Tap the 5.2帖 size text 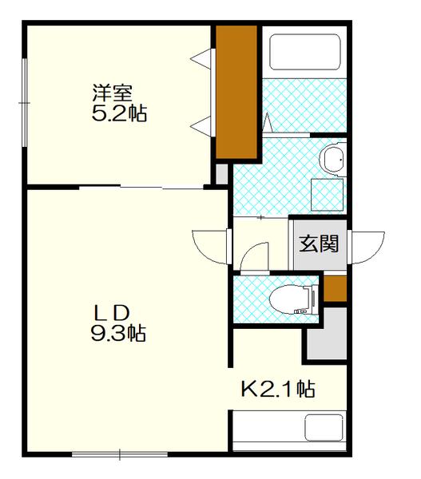[120, 113]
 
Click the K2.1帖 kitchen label [278, 390]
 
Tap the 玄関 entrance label [319, 243]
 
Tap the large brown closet [236, 92]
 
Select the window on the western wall [25, 102]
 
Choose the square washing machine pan [326, 193]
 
